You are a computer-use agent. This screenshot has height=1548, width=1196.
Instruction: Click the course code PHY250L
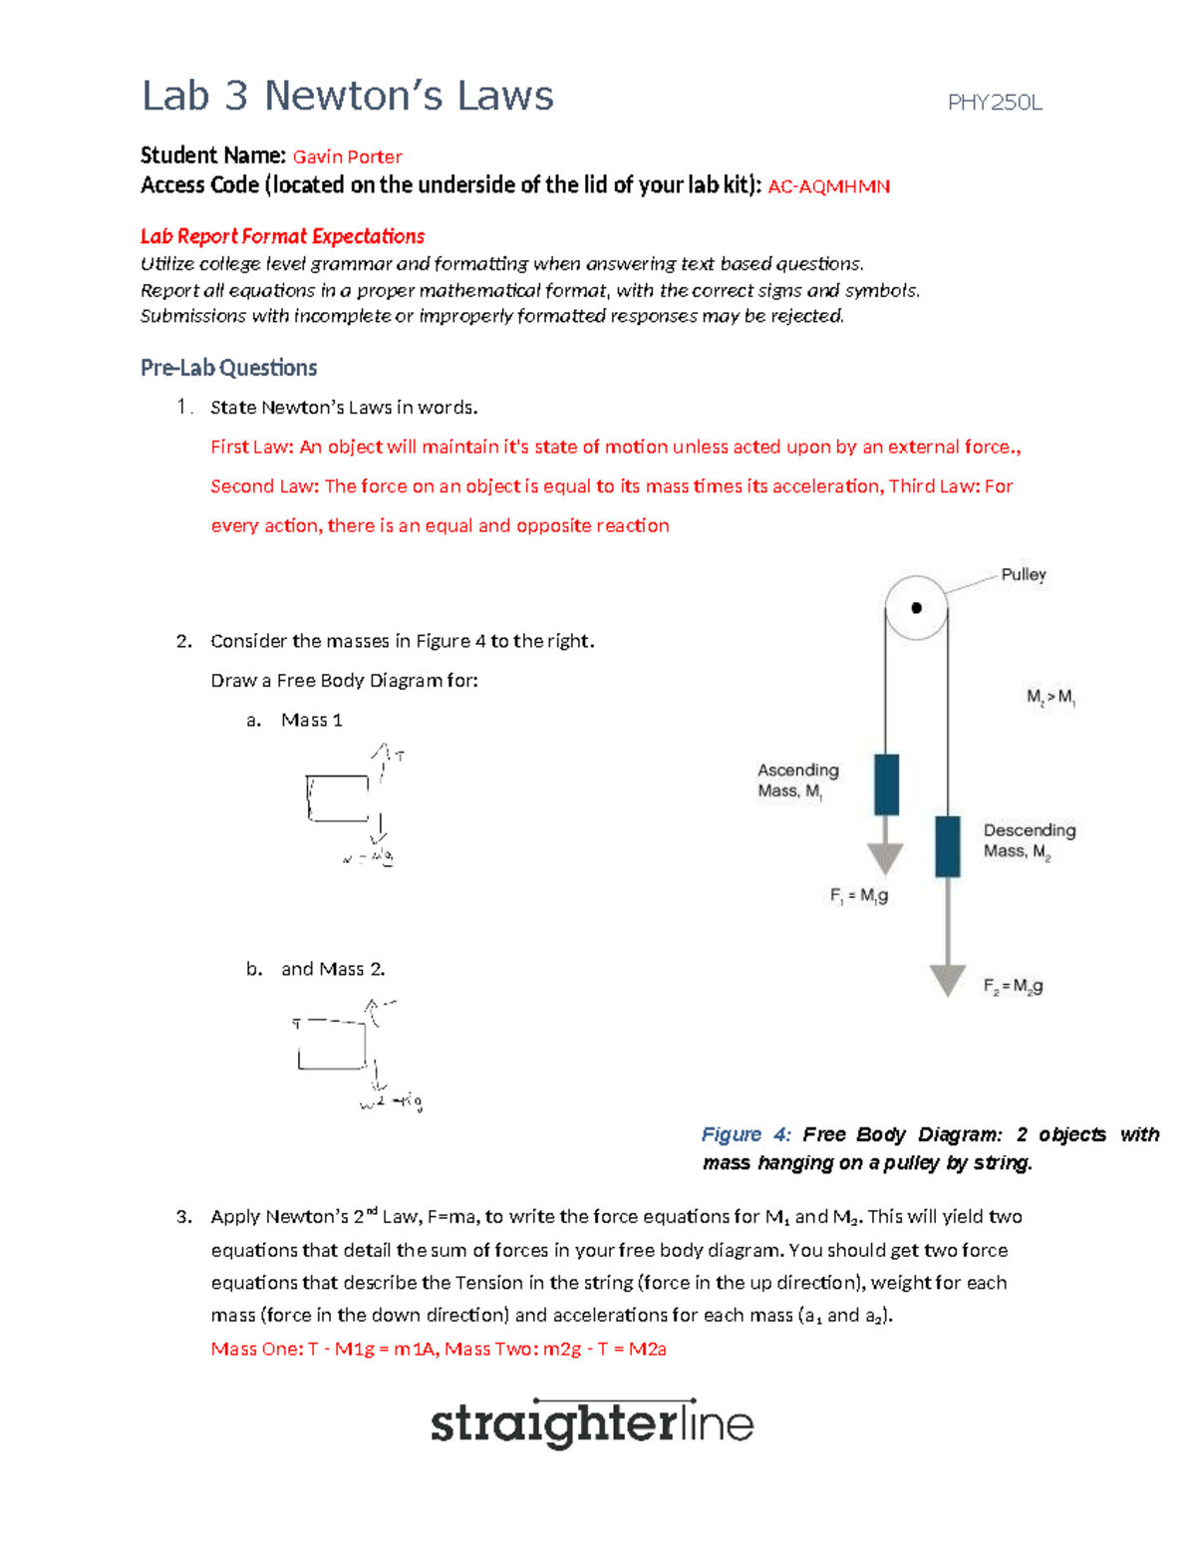[994, 103]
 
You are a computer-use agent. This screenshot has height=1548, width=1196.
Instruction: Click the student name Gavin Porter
[347, 156]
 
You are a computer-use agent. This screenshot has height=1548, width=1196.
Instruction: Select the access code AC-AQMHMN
[828, 186]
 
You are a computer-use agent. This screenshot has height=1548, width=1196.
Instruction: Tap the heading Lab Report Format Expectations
[282, 236]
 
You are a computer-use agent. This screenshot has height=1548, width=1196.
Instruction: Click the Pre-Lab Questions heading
[228, 368]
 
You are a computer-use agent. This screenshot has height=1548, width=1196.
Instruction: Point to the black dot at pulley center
[916, 608]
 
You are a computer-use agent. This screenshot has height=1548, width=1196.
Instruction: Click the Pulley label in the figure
[1023, 574]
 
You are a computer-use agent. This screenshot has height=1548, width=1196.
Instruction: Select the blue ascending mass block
[886, 784]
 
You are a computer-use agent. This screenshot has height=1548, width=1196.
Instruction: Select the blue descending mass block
[947, 846]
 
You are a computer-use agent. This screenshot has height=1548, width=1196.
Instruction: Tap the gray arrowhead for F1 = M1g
[885, 857]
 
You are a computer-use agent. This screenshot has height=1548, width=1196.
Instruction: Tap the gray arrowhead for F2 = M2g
[947, 979]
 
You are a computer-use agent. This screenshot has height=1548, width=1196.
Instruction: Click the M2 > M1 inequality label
[1050, 697]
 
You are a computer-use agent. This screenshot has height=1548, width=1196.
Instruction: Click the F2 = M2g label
[1013, 986]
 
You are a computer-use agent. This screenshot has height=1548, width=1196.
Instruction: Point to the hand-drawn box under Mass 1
[338, 798]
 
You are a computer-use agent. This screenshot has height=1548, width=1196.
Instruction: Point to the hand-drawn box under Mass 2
[332, 1046]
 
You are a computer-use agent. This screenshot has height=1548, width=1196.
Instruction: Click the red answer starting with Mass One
[439, 1349]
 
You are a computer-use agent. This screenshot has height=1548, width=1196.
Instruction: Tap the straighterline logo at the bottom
[591, 1423]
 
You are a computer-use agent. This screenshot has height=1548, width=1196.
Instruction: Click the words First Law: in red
[252, 447]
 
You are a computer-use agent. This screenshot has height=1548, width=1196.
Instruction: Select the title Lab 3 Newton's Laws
[347, 96]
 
